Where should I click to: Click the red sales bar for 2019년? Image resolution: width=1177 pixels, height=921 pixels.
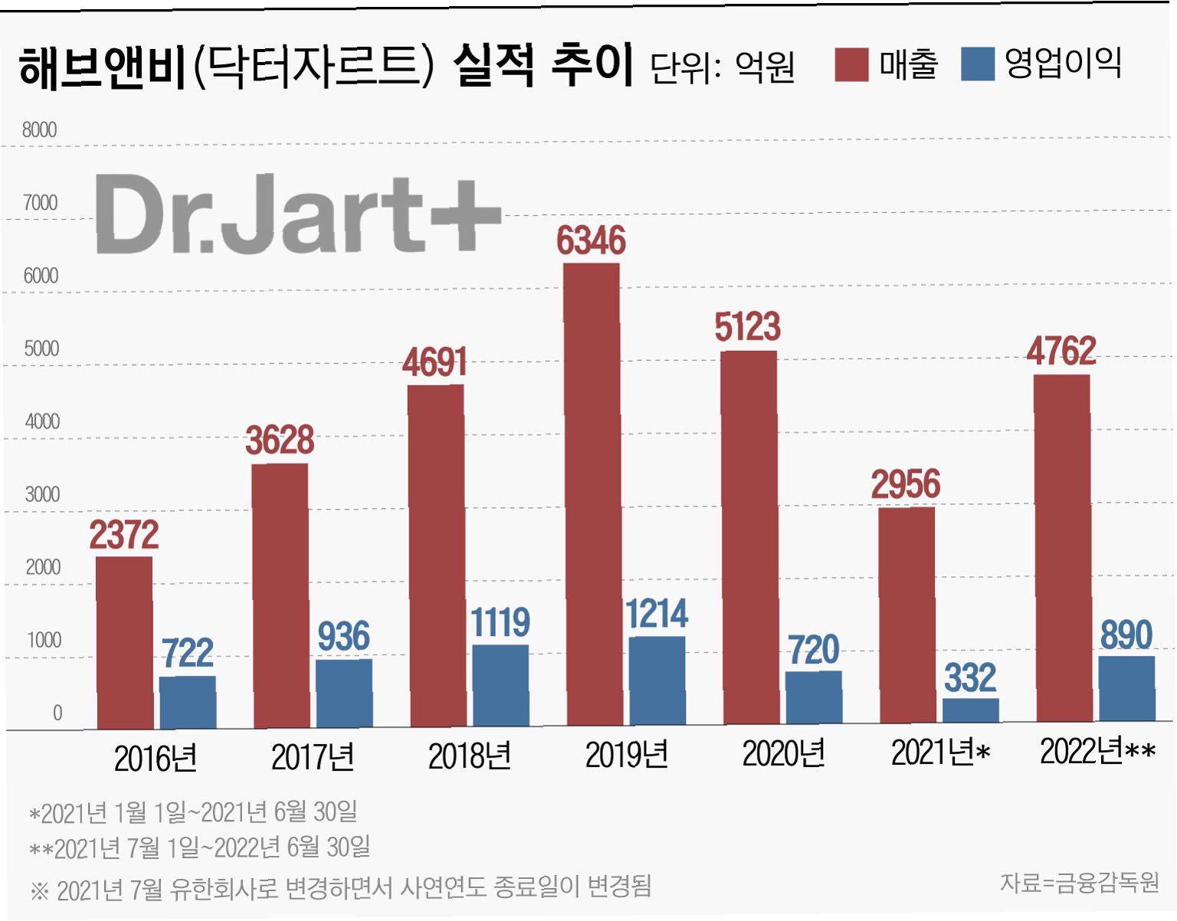[592, 493]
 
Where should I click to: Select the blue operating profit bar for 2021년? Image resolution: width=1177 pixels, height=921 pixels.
[971, 710]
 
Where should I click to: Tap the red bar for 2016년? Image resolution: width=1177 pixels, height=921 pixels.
[125, 643]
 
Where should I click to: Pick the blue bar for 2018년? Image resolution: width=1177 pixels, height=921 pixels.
[501, 685]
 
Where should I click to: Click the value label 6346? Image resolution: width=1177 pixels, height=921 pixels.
[591, 241]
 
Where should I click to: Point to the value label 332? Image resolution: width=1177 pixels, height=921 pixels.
[970, 677]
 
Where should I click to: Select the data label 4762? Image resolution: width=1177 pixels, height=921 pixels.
[1061, 351]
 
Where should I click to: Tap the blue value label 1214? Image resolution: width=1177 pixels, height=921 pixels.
[657, 614]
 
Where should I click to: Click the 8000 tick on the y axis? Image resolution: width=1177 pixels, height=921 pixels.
[39, 130]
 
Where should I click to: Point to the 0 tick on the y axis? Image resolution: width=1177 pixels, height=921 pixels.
[57, 713]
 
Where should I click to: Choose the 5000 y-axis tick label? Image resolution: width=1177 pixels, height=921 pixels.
[41, 349]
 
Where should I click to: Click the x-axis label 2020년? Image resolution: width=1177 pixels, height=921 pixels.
[784, 754]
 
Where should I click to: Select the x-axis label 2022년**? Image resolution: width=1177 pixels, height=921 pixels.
[1097, 752]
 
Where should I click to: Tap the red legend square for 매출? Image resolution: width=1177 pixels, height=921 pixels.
[851, 64]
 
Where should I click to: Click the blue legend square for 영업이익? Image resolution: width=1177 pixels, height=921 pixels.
[978, 64]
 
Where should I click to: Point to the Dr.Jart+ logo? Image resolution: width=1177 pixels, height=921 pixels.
[298, 214]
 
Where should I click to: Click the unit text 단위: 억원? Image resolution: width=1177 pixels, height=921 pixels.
[722, 67]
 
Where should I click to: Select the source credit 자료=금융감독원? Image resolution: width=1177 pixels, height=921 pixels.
[1080, 883]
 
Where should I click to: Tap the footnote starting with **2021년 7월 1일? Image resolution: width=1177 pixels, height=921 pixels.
[199, 847]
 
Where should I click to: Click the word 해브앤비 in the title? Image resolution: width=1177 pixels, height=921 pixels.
[103, 67]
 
